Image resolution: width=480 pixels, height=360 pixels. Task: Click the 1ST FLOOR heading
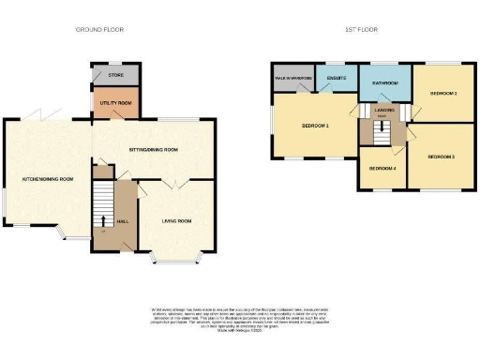coord(360,30)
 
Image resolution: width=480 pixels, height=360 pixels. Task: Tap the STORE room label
coord(115,74)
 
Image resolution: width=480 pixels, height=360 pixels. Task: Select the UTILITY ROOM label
coord(115,103)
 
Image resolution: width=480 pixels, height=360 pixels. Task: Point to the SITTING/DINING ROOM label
coord(152,148)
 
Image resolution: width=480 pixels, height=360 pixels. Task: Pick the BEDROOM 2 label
coord(443,94)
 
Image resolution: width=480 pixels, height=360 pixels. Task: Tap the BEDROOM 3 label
coord(441,157)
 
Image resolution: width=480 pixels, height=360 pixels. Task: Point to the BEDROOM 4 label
coord(382,169)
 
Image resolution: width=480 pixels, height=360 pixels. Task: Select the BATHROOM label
coord(384,84)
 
